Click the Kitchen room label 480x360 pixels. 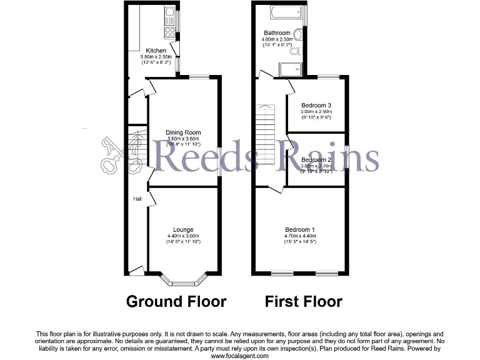(x=156, y=51)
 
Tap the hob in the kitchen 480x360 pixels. (x=169, y=31)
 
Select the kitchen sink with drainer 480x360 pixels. (x=169, y=14)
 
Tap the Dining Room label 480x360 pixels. (x=183, y=132)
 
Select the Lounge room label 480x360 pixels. (x=183, y=229)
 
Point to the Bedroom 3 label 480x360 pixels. (x=316, y=105)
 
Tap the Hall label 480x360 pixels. (x=137, y=199)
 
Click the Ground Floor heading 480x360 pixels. (x=176, y=302)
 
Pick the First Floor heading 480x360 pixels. (x=303, y=302)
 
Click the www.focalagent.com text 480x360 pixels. (x=240, y=356)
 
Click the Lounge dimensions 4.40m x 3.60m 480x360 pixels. (x=183, y=236)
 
